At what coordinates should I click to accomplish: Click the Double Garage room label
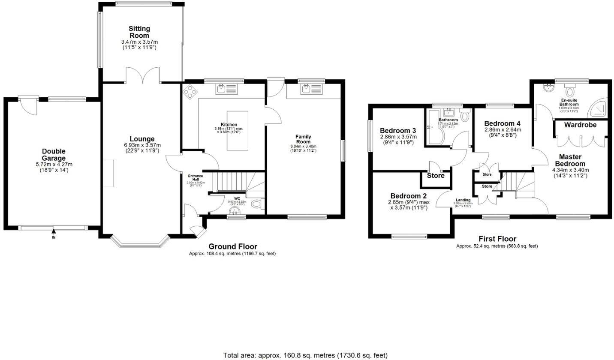[54, 155]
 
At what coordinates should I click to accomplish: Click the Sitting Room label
[139, 32]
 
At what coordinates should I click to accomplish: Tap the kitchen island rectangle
[238, 131]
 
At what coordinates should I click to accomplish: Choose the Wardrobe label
[580, 125]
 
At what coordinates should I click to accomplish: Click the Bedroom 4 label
[503, 123]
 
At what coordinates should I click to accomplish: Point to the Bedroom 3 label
[398, 131]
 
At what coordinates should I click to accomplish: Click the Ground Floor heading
[232, 246]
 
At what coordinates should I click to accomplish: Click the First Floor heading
[497, 239]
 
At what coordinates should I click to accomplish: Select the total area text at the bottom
[305, 355]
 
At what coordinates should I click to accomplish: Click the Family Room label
[303, 139]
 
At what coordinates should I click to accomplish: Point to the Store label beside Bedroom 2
[436, 176]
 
